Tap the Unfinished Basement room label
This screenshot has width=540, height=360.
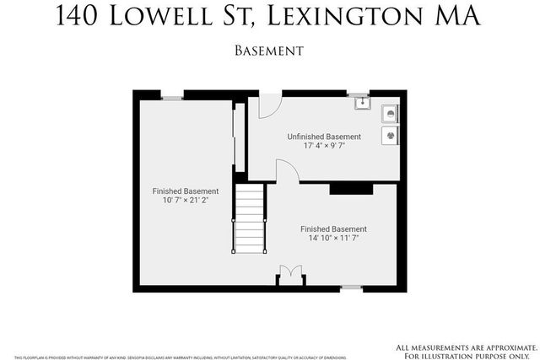pos(324,137)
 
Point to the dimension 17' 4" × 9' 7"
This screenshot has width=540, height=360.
pos(324,146)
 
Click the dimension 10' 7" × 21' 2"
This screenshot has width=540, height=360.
pos(185,201)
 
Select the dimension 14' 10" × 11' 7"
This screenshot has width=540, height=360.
pos(334,239)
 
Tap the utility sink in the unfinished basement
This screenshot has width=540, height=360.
pos(361,104)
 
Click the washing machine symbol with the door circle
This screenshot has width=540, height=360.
pos(390,114)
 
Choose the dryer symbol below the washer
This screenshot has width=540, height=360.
pos(390,134)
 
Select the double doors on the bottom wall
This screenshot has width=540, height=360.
pos(289,275)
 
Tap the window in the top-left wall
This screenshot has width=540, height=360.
pos(172,99)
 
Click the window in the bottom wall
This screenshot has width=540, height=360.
pos(351,287)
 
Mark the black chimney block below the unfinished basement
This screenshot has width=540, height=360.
pos(351,188)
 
